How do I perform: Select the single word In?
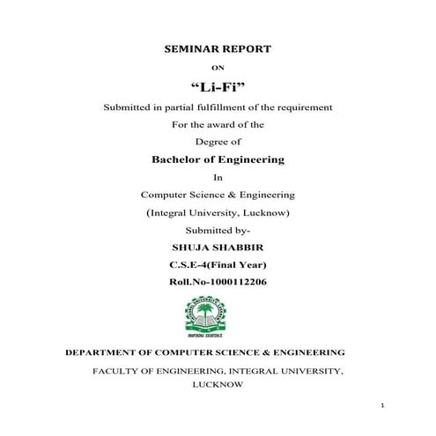click(x=218, y=177)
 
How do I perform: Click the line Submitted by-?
click(x=218, y=230)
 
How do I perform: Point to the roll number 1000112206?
click(x=235, y=282)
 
